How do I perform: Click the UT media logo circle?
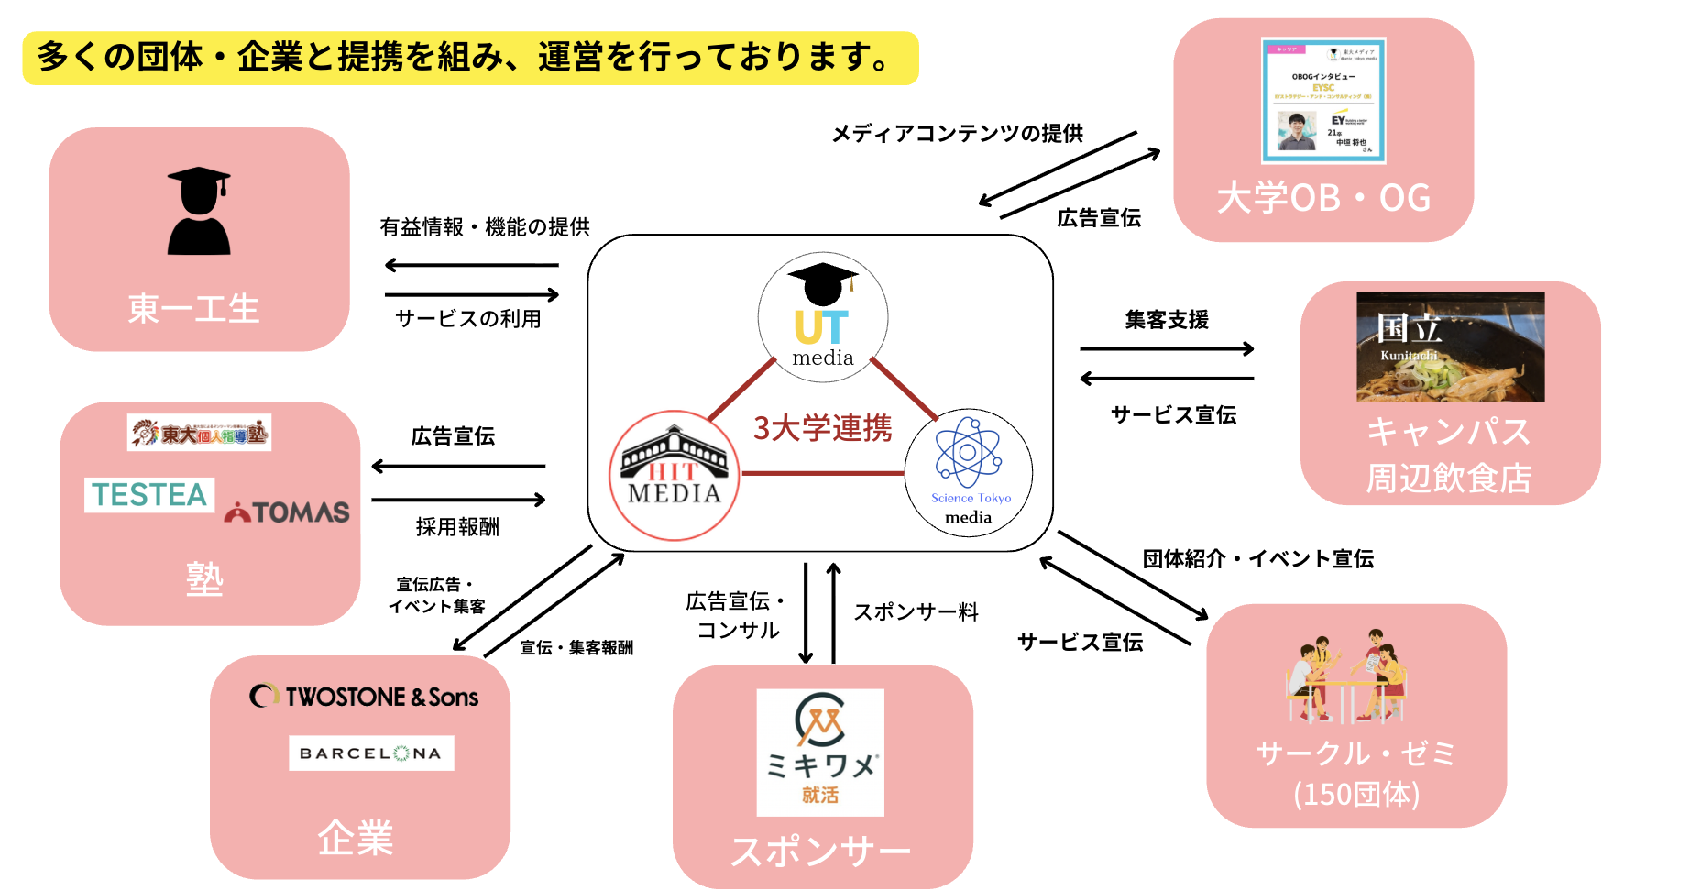point(822,316)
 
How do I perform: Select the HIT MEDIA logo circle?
point(675,475)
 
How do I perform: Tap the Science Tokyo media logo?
point(968,473)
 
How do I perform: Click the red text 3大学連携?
point(822,428)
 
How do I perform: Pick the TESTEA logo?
point(149,494)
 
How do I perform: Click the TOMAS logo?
point(288,511)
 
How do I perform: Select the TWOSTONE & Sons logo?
point(364,697)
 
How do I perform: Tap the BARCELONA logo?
point(371,753)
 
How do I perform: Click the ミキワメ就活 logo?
point(820,752)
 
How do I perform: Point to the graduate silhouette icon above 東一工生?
point(199,211)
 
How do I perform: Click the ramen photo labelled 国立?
point(1450,346)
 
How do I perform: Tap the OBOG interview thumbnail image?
point(1322,100)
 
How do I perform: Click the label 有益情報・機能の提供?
point(485,227)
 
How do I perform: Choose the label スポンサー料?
point(916,612)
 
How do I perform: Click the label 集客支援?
point(1166,320)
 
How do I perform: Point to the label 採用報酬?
point(457,527)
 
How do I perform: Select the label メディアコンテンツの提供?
point(957,134)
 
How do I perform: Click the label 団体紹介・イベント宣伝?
point(1257,559)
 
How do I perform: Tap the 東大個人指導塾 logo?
point(199,433)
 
